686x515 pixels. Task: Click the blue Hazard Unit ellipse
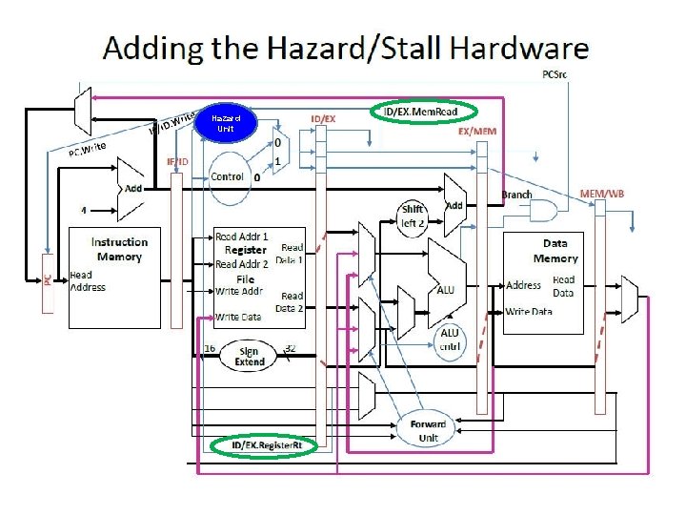(225, 124)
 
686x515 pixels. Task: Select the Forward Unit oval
(428, 430)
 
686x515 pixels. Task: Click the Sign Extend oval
(247, 357)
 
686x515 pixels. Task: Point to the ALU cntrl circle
(449, 340)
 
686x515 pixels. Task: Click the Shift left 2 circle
(412, 216)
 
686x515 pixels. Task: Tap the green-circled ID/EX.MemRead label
(419, 113)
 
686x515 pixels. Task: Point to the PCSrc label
(555, 73)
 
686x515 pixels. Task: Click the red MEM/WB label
(602, 194)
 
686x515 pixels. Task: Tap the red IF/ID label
(178, 162)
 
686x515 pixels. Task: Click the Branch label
(516, 195)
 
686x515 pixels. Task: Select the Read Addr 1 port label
(242, 236)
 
